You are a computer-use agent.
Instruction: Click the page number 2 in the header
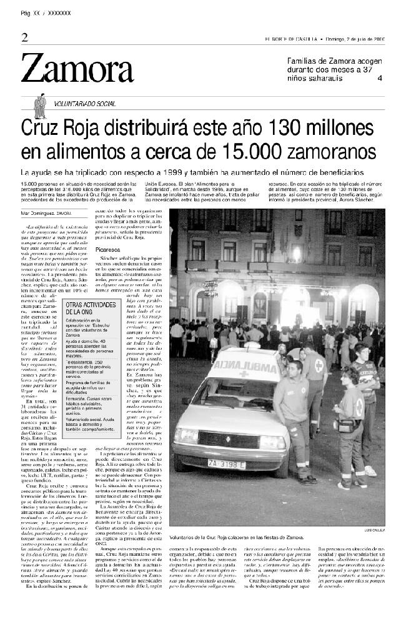[x=24, y=37]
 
